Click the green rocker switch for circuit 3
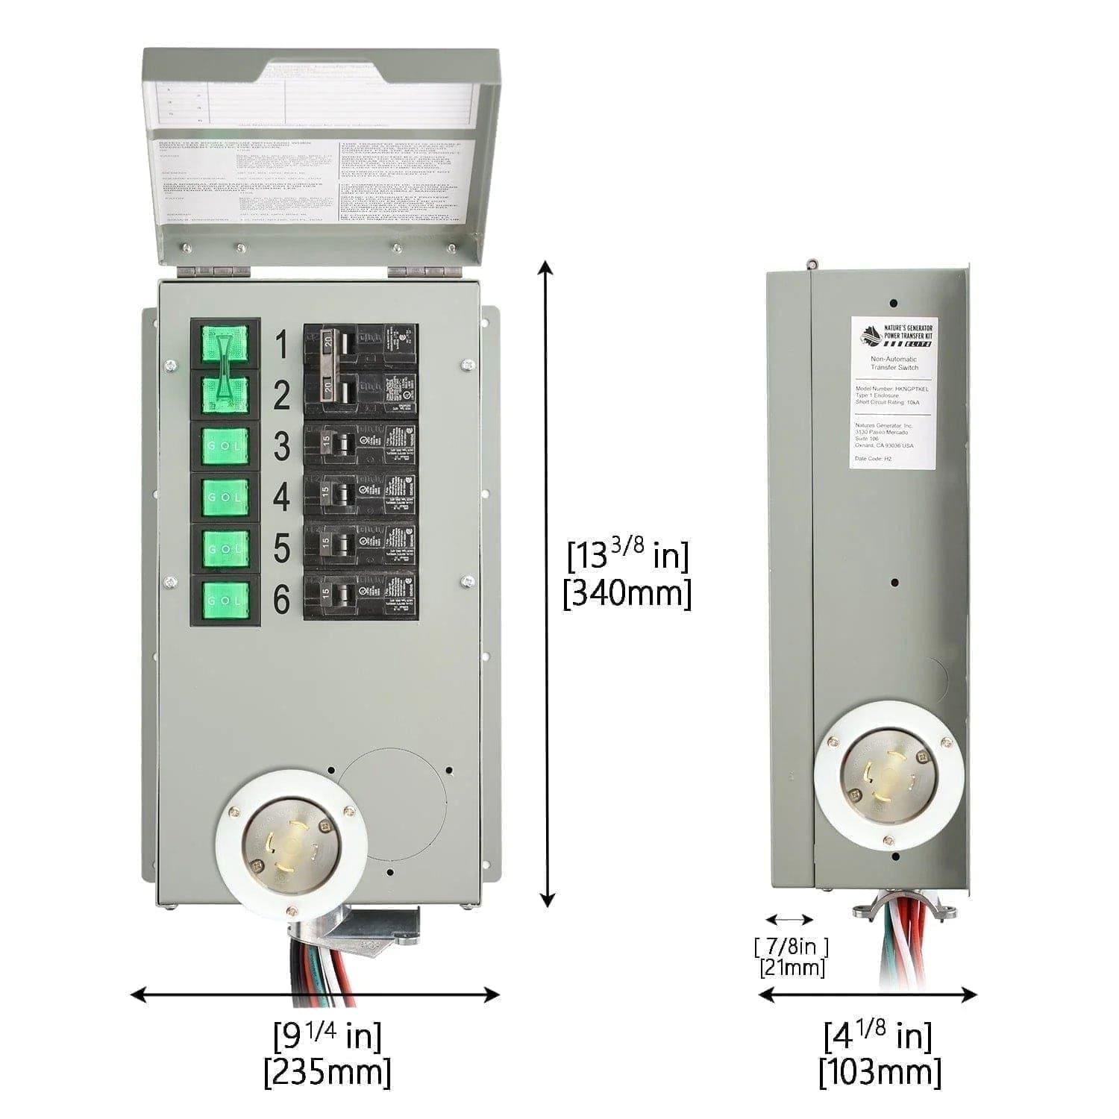click(225, 445)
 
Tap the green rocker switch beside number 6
click(225, 600)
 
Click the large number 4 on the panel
click(281, 497)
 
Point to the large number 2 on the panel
click(281, 395)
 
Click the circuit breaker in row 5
click(360, 543)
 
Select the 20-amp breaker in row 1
click(360, 345)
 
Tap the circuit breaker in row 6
click(360, 595)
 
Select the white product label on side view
click(894, 392)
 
